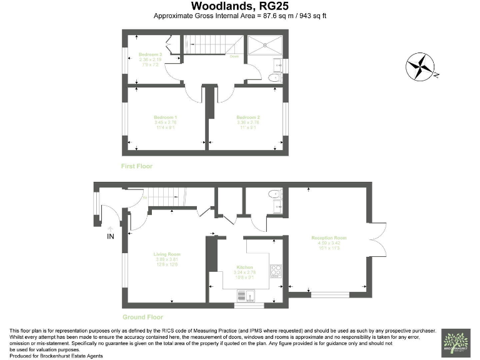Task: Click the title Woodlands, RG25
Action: pyautogui.click(x=240, y=6)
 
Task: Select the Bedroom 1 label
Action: pyautogui.click(x=166, y=117)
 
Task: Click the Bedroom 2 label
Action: pyautogui.click(x=247, y=117)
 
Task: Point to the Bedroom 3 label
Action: pyautogui.click(x=150, y=54)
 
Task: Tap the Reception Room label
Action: pyautogui.click(x=329, y=238)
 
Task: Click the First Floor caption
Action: pyautogui.click(x=137, y=166)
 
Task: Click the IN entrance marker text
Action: pyautogui.click(x=111, y=236)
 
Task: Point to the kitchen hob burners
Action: pyautogui.click(x=275, y=271)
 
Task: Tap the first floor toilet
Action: pyautogui.click(x=274, y=78)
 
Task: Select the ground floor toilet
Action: pyautogui.click(x=275, y=195)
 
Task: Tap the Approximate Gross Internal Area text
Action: pyautogui.click(x=240, y=16)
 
